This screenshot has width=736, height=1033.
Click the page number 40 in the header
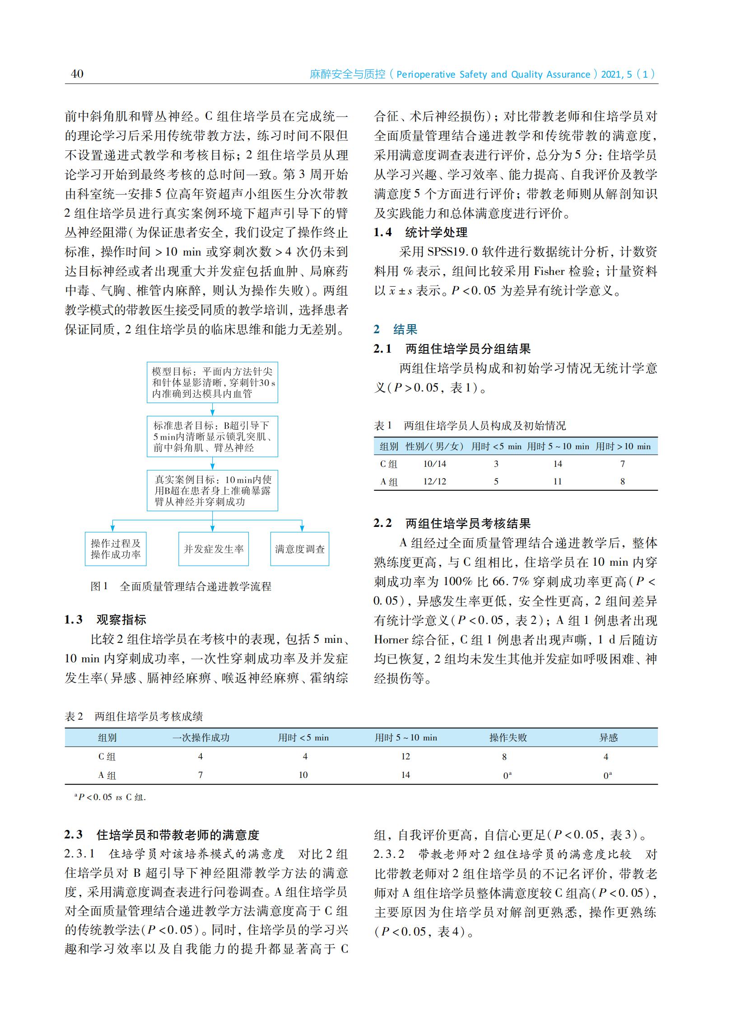tap(77, 74)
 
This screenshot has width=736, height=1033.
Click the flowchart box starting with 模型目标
tap(212, 382)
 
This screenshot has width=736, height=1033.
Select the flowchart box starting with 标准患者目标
tap(212, 437)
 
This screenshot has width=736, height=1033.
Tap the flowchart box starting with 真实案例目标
tap(212, 491)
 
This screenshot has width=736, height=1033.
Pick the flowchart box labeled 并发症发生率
tap(214, 549)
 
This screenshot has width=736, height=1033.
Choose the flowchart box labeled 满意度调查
tap(299, 549)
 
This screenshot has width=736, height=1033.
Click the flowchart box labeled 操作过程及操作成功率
tap(116, 549)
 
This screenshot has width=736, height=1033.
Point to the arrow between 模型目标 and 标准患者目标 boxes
tap(212, 409)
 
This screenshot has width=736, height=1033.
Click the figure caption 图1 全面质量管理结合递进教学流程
tap(181, 586)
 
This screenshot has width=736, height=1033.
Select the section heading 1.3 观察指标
tap(105, 619)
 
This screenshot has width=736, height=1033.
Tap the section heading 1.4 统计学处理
tap(420, 233)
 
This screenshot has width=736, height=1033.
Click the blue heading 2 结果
tap(395, 330)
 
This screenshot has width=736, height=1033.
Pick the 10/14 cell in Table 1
tap(434, 464)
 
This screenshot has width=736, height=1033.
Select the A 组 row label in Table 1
tap(388, 482)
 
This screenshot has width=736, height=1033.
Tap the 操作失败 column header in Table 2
tap(508, 738)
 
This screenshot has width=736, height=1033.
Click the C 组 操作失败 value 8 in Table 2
tap(504, 757)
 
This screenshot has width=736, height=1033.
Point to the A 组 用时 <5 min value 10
tap(303, 775)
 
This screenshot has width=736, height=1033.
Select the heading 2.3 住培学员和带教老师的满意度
tap(162, 834)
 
